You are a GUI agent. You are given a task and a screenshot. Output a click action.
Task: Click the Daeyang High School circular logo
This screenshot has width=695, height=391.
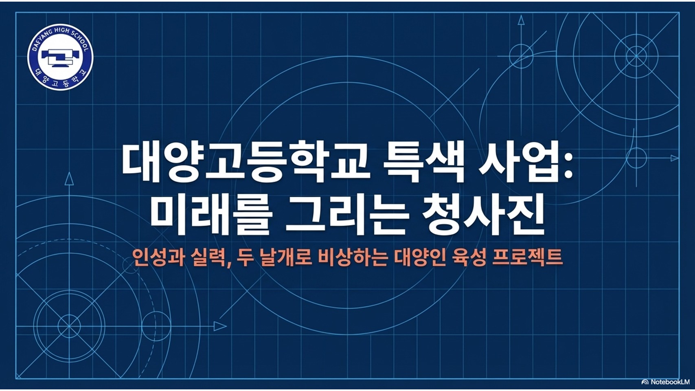coord(60,57)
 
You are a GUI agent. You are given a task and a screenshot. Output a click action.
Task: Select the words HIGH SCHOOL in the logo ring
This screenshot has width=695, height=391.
coord(71,37)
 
